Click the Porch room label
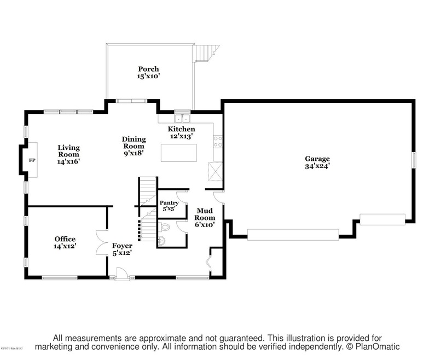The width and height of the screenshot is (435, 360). pos(148,69)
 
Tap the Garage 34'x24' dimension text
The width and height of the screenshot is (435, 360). pos(317,166)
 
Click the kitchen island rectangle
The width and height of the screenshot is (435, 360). pos(178,152)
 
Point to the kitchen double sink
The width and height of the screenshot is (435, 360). pos(181,118)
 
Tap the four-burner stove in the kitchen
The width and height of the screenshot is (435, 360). pos(217,141)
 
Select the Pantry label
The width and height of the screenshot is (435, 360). pos(169,202)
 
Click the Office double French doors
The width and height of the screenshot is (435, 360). pos(102,242)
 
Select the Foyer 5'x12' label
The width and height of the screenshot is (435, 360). pos(123,249)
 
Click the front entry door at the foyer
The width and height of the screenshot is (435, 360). pos(122,275)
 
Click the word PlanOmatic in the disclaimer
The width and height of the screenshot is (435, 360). pos(376,347)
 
